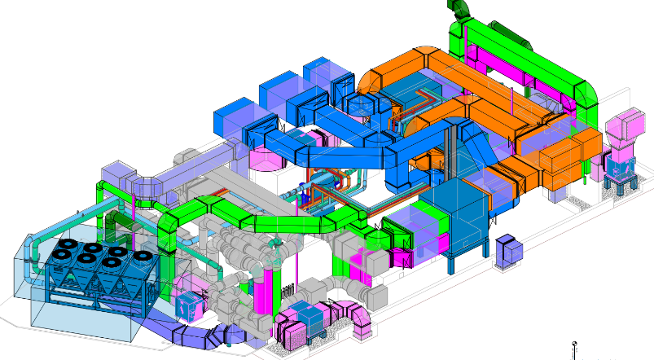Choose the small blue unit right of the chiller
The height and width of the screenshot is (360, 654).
coord(189,302)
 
